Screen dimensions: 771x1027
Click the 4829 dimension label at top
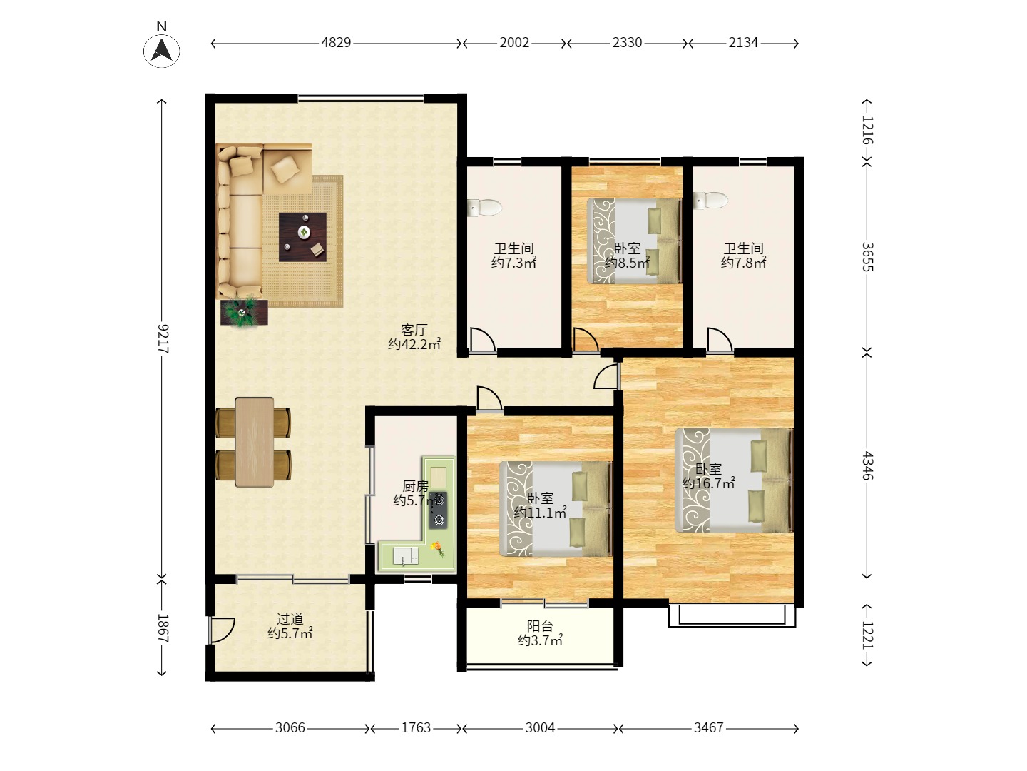[x=336, y=43]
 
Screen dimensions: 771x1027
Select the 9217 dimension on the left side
[x=163, y=338]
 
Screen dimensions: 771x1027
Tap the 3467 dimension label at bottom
[x=708, y=728]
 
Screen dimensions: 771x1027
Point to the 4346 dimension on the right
[x=867, y=465]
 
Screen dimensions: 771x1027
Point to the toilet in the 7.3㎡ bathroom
[x=485, y=208]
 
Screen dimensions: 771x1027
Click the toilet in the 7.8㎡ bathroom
[x=711, y=200]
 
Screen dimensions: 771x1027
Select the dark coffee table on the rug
[x=302, y=236]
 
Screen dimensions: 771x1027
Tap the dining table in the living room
[x=254, y=443]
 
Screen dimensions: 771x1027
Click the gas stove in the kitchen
[x=439, y=510]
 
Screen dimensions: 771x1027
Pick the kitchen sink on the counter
[x=404, y=555]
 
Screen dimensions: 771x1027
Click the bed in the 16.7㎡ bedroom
[x=735, y=480]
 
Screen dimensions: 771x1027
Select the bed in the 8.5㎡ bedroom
[x=633, y=241]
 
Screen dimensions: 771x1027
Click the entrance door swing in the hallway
[x=222, y=629]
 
